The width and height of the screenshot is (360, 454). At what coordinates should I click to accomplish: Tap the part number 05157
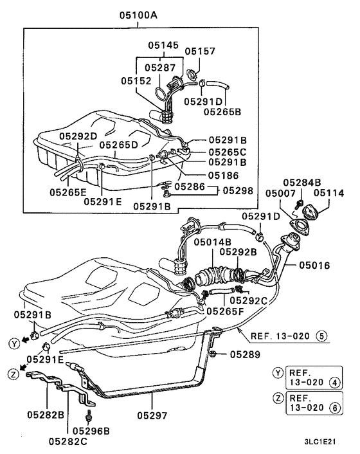pyautogui.click(x=200, y=51)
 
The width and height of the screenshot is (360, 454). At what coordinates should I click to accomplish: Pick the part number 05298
pyautogui.click(x=237, y=191)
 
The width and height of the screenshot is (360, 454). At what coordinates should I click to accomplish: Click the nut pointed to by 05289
pyautogui.click(x=213, y=354)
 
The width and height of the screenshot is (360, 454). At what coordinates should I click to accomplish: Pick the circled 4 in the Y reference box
pyautogui.click(x=334, y=385)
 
